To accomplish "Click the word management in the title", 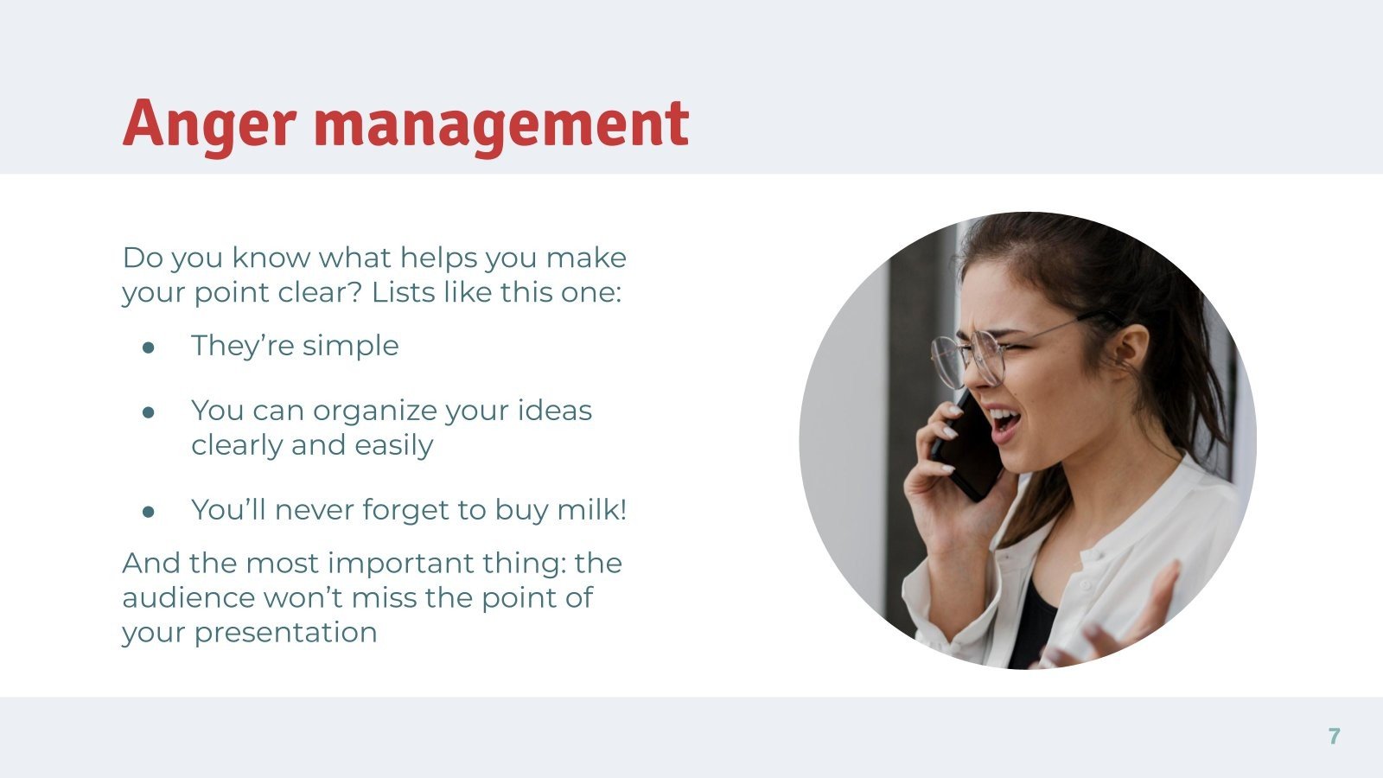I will (x=503, y=123).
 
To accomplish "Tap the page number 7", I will (x=1334, y=737).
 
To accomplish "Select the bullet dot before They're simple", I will (x=148, y=347).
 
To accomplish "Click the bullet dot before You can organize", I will (x=148, y=411).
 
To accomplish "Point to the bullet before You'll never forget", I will (x=148, y=511).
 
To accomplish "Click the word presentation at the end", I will (x=285, y=633).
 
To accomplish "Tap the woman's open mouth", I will (x=1004, y=422).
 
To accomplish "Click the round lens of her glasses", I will (x=985, y=356).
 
